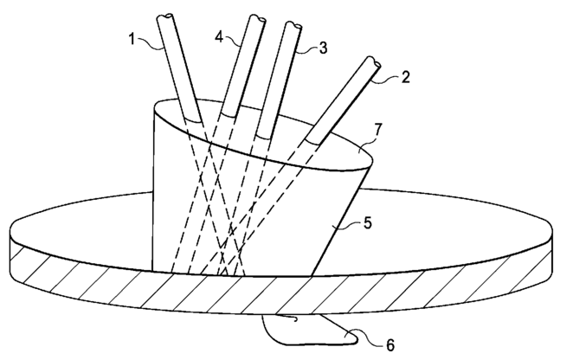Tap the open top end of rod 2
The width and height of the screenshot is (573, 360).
pos(374,64)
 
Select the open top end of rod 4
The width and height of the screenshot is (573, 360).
pos(256,19)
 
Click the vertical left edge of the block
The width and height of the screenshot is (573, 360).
pos(154,190)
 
